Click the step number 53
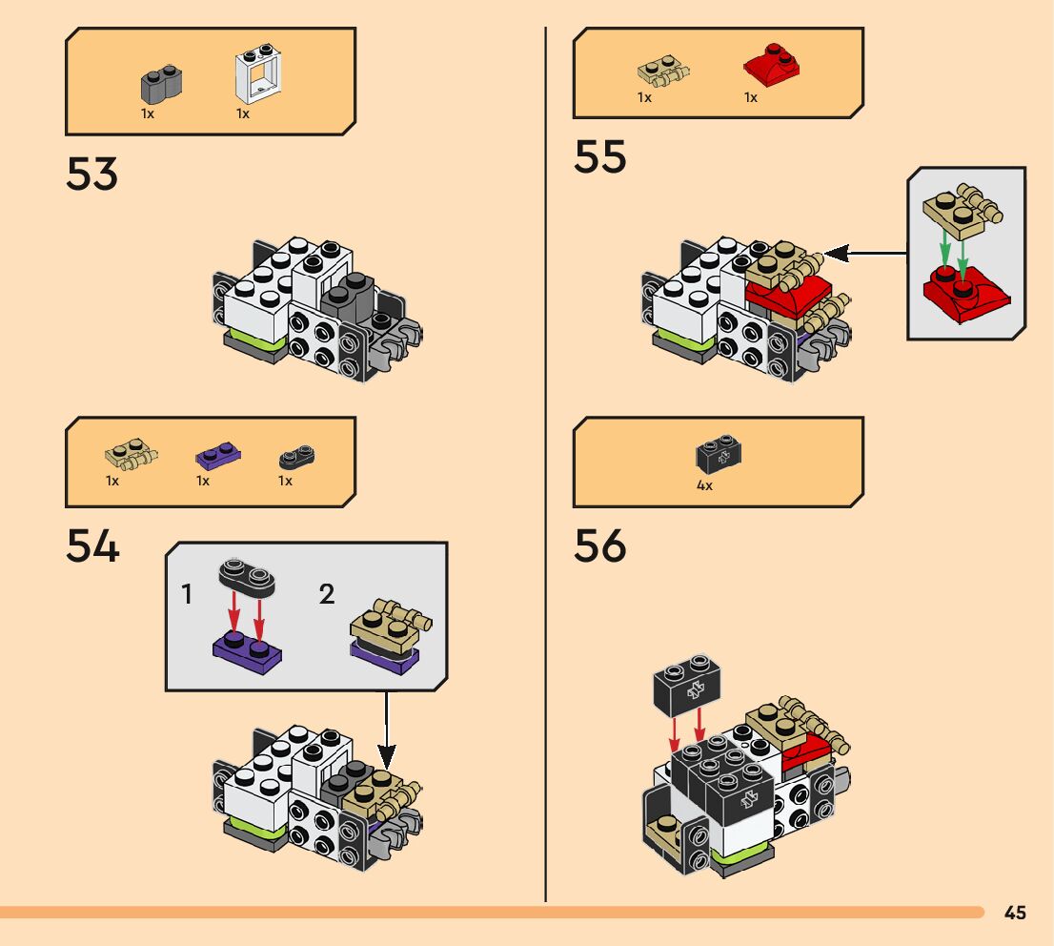coord(91,174)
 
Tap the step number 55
coord(600,156)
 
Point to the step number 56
coord(600,546)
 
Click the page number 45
coord(1015,914)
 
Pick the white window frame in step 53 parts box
coord(253,75)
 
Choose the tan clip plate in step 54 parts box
coord(132,454)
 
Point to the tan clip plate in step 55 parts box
coord(663,71)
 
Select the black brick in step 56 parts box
coord(719,456)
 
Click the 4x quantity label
coord(704,485)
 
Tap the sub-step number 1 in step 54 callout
coord(188,596)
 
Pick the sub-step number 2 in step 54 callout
coord(327,596)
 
